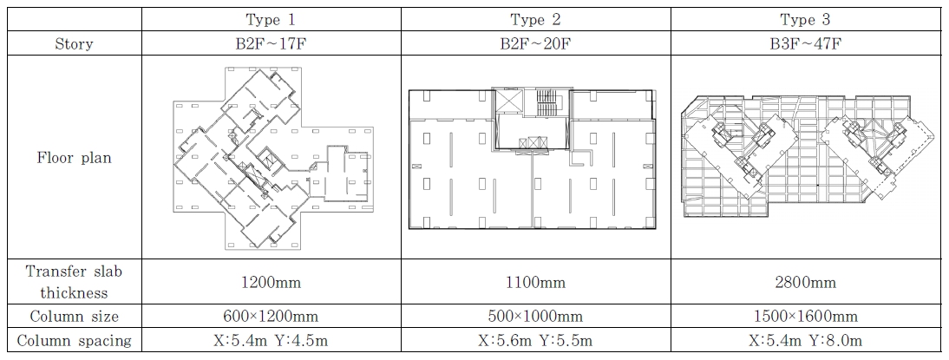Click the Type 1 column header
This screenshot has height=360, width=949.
(x=272, y=19)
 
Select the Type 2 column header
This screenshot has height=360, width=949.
(x=535, y=19)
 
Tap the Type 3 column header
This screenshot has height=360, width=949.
(x=806, y=19)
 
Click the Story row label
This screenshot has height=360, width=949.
(x=74, y=43)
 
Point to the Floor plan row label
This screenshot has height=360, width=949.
(x=74, y=158)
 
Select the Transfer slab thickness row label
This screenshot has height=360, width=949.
(x=74, y=282)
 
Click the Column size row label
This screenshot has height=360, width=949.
(x=74, y=317)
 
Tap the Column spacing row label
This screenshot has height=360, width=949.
(x=74, y=341)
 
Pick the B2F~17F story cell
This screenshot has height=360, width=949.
(x=272, y=43)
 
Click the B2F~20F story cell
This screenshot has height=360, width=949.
(x=535, y=43)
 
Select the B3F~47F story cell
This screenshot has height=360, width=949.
(x=806, y=43)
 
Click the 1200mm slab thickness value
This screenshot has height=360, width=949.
(x=272, y=283)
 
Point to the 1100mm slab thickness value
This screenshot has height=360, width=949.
(x=535, y=283)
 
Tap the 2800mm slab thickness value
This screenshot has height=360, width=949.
(x=806, y=283)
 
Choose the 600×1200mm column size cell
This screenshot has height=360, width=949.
(x=272, y=317)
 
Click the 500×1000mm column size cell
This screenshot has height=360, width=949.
(x=535, y=317)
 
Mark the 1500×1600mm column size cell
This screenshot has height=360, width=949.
(x=806, y=317)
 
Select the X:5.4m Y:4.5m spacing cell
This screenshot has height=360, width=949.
(x=272, y=341)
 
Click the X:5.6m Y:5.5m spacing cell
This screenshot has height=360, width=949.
(x=535, y=341)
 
